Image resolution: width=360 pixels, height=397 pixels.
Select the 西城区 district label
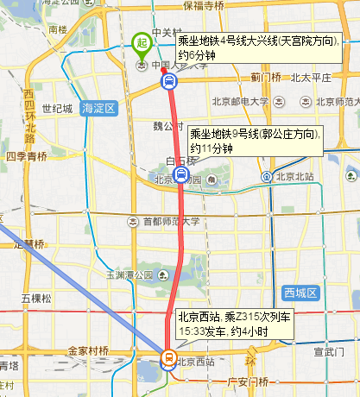pyautogui.click(x=301, y=293)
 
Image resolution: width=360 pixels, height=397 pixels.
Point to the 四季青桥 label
pyautogui.click(x=26, y=157)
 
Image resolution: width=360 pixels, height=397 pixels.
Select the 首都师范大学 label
pyautogui.click(x=171, y=221)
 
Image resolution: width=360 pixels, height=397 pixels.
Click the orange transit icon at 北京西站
pyautogui.click(x=169, y=355)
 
